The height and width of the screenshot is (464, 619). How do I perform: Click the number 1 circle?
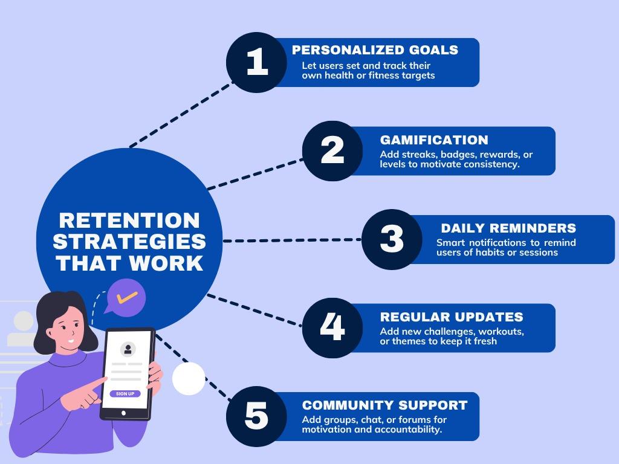(x=256, y=62)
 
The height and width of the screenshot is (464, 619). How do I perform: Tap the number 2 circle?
(x=332, y=150)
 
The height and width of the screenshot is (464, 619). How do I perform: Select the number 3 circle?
(x=392, y=239)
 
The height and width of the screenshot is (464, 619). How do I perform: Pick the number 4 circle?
(x=332, y=327)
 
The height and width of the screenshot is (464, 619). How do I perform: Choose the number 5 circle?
(x=256, y=416)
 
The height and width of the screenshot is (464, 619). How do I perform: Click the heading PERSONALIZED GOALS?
(x=375, y=50)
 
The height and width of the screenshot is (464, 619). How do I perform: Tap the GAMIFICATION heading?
(x=434, y=140)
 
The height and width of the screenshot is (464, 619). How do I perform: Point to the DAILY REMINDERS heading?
(x=508, y=228)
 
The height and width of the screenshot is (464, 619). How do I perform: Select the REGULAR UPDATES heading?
(x=452, y=317)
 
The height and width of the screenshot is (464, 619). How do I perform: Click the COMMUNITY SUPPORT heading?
(x=384, y=405)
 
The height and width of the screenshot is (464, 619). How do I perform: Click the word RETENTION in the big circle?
(x=129, y=220)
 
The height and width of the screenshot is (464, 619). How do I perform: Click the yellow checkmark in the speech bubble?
(x=127, y=298)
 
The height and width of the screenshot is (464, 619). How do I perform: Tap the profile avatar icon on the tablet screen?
(x=128, y=349)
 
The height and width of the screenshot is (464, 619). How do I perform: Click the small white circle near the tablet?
(x=189, y=379)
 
